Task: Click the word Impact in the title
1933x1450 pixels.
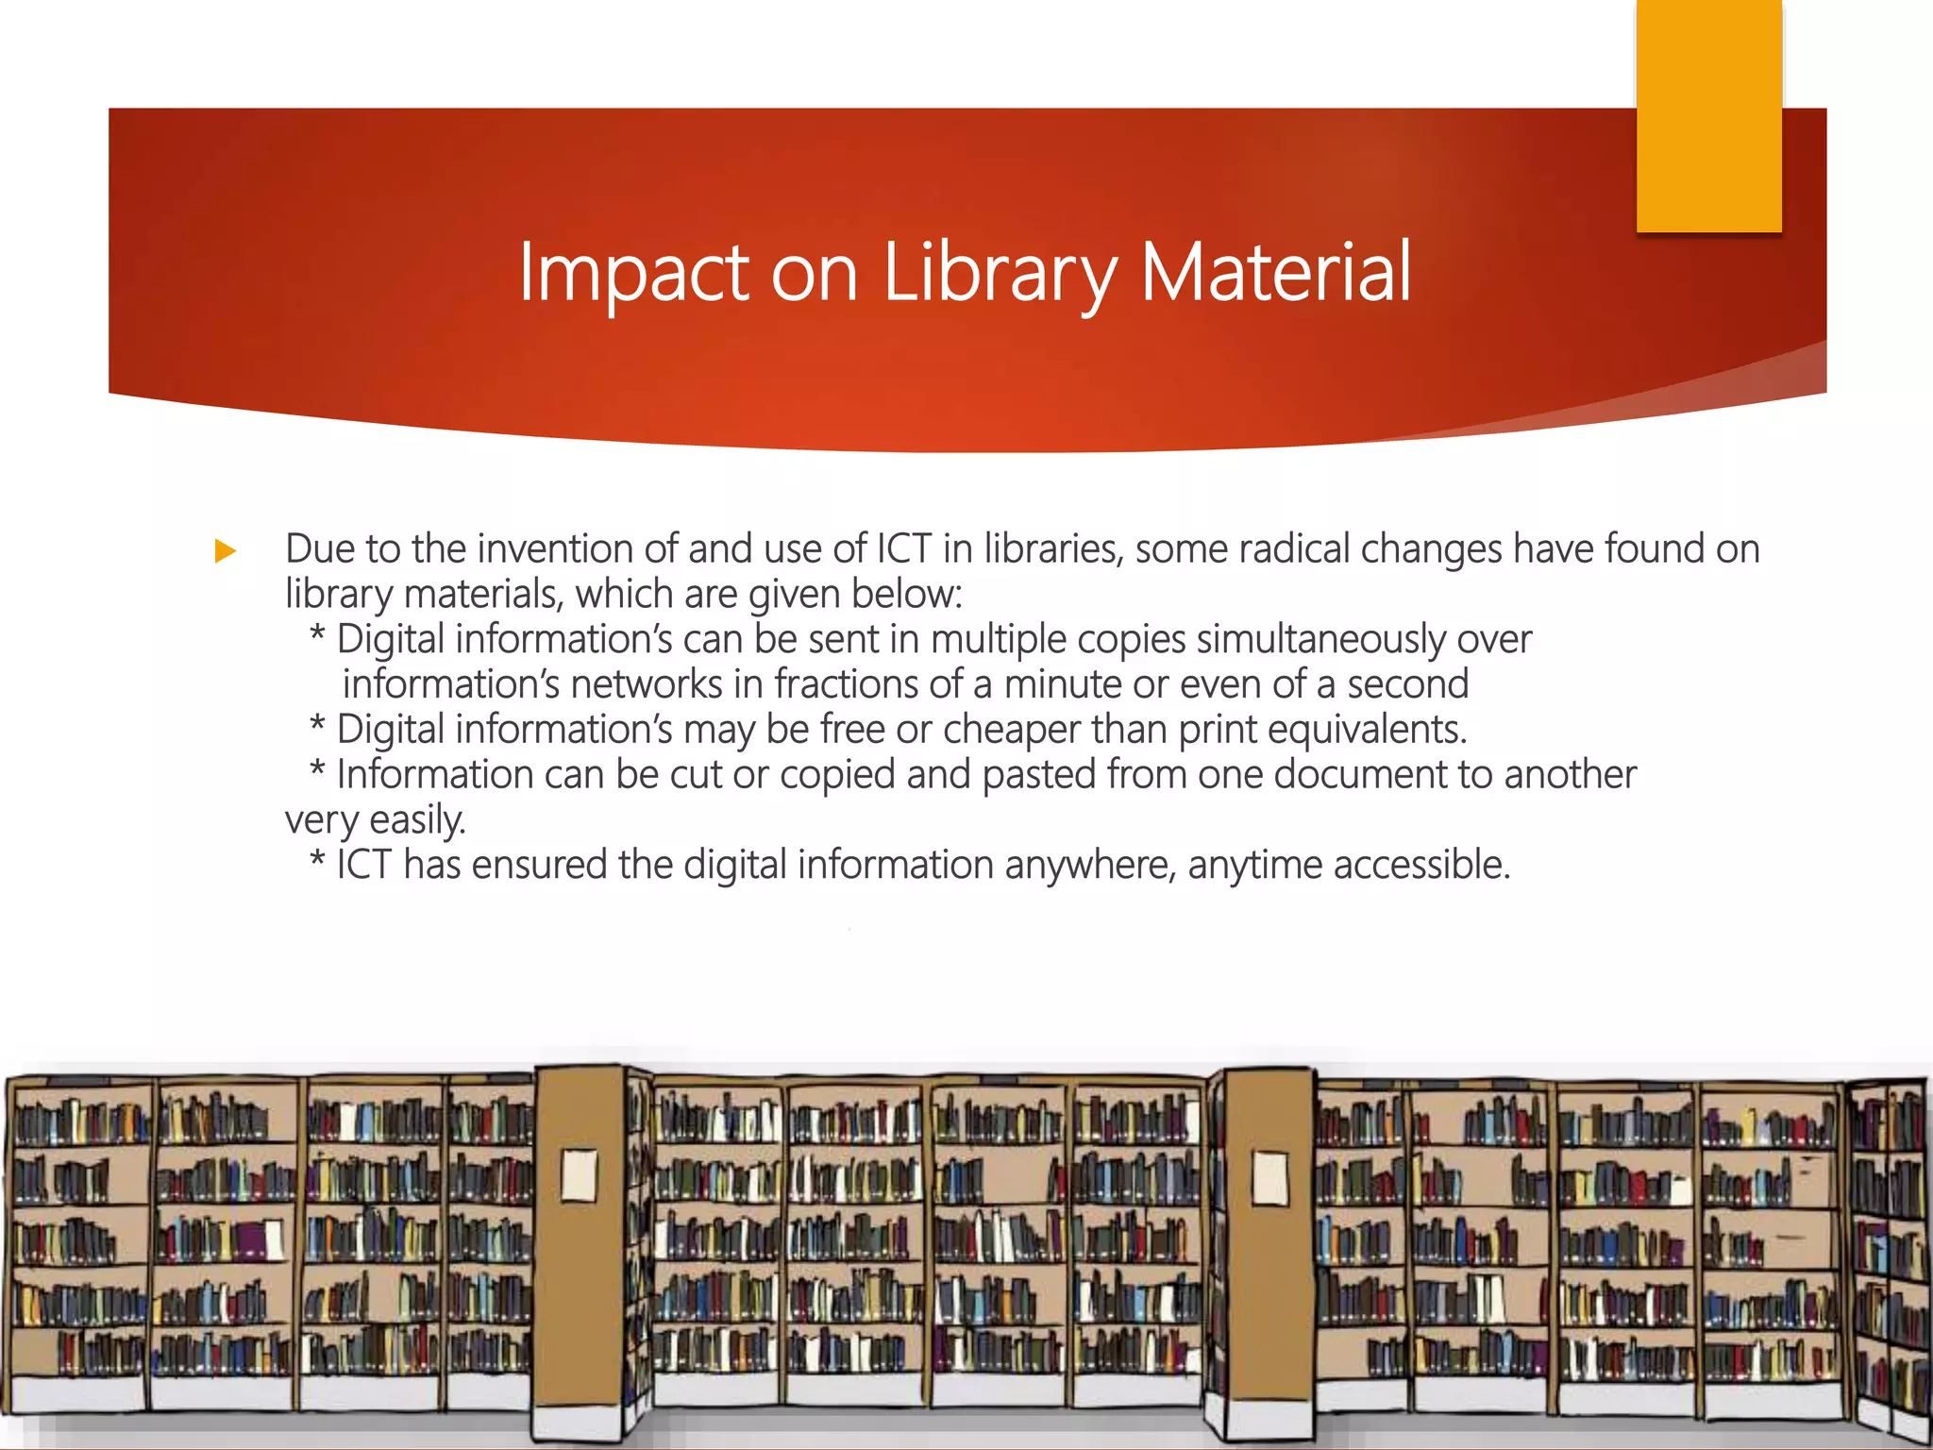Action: pos(633,273)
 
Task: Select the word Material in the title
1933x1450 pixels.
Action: pos(1276,273)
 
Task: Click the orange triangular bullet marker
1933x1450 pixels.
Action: pos(226,550)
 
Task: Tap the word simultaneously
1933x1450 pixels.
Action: pos(1321,640)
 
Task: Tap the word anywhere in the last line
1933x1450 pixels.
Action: pos(1090,865)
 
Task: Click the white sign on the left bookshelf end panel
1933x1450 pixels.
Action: pos(579,1174)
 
